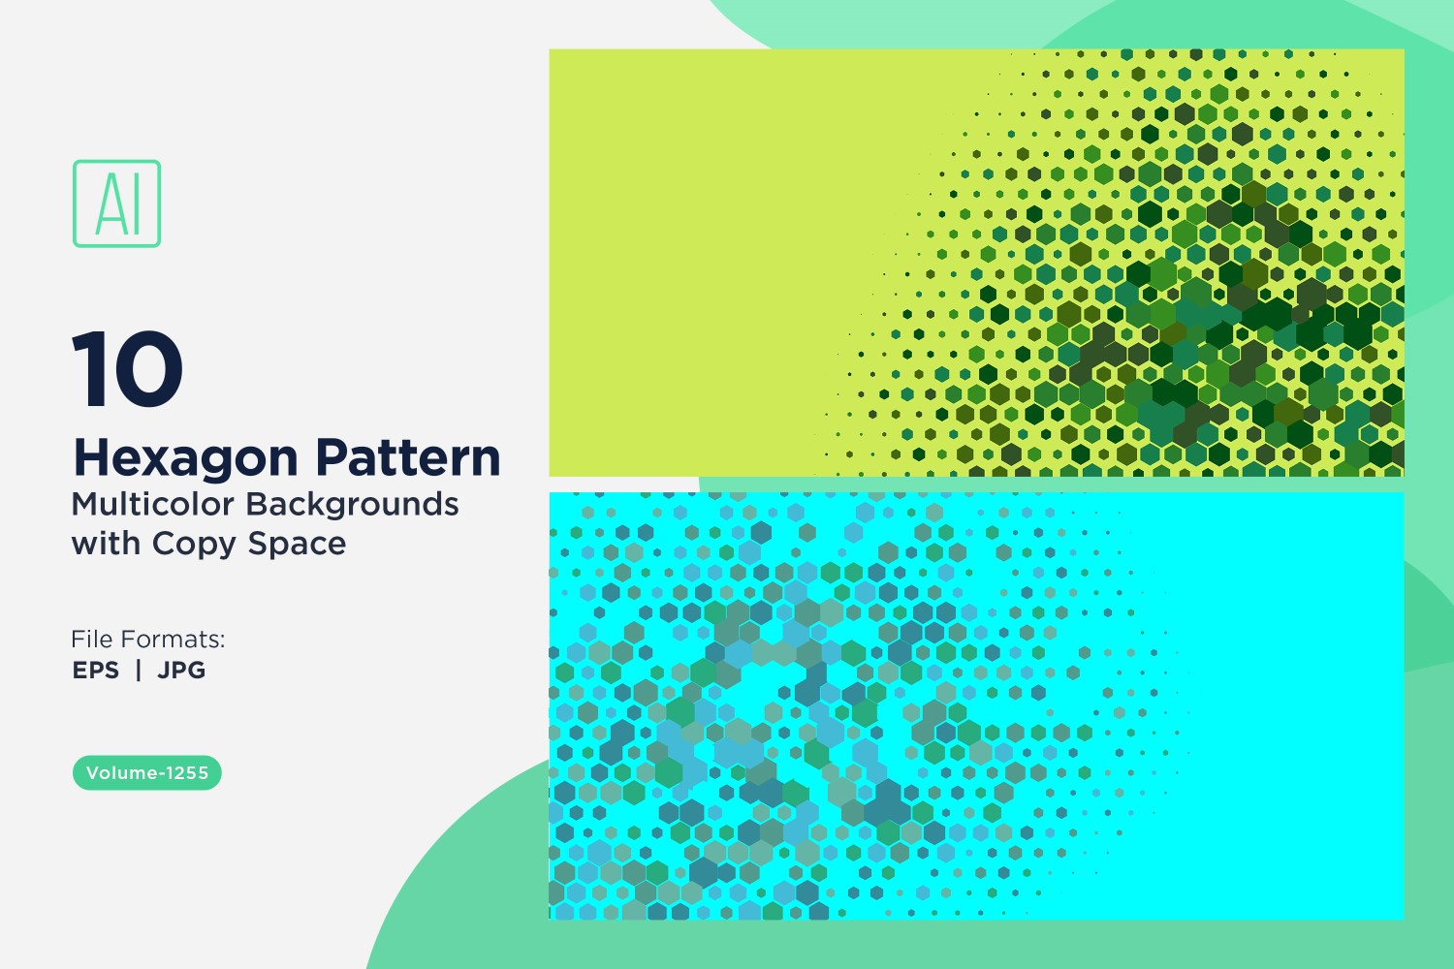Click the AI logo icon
[x=117, y=203]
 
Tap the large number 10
[x=128, y=368]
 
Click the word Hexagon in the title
[x=187, y=459]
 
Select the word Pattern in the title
[x=408, y=457]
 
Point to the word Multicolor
[x=152, y=504]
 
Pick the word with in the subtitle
[x=106, y=544]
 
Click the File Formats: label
[x=148, y=640]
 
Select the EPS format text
[x=96, y=670]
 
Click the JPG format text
[x=181, y=670]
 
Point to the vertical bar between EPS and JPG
[x=139, y=670]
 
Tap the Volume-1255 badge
[x=147, y=773]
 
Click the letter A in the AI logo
[x=111, y=203]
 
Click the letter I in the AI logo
[x=136, y=203]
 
